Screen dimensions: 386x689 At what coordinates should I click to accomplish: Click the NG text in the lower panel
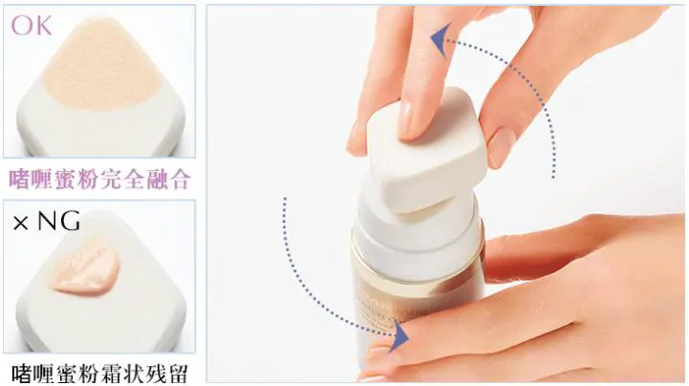tap(59, 224)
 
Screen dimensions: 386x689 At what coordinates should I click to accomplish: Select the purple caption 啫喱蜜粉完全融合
tap(99, 179)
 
